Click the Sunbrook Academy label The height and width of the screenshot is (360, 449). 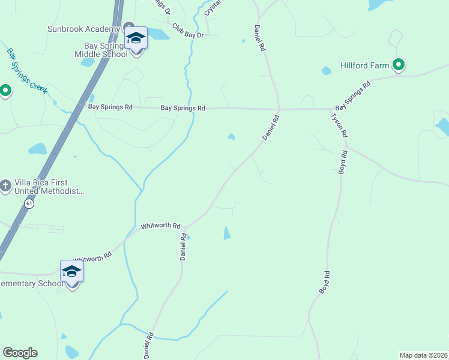pos(83,29)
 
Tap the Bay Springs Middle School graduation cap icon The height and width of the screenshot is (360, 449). pos(136,38)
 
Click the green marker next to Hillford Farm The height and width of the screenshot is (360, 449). pos(398,64)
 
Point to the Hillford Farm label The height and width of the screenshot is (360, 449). pos(365,65)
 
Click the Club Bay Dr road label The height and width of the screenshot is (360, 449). pos(188,31)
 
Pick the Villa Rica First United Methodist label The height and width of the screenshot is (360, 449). pos(47,187)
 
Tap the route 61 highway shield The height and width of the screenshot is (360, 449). pos(29,204)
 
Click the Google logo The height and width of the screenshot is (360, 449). pos(20,353)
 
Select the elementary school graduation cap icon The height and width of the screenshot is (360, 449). pos(71,271)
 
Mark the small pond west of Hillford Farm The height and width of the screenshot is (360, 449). pos(326,71)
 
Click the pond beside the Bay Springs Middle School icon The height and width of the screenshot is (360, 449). pos(158,34)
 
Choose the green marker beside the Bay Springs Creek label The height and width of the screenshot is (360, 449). pos(5,91)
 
